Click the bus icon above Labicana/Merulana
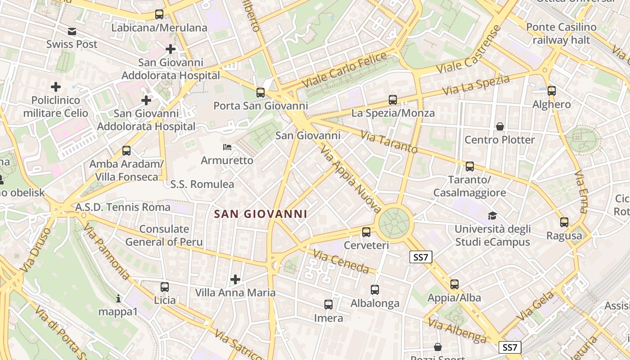click(159, 14)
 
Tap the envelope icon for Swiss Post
click(72, 31)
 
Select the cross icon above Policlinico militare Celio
click(56, 86)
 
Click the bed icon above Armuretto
click(227, 147)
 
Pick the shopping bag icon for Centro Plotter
click(499, 126)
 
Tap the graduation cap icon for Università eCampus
click(492, 216)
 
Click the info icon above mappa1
click(118, 298)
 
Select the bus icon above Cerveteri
click(366, 232)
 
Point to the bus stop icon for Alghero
click(552, 91)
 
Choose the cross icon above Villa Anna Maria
click(235, 280)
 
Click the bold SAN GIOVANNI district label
click(261, 214)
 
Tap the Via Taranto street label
click(389, 142)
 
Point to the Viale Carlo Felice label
click(344, 70)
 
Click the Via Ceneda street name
click(341, 262)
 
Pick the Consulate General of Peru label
click(164, 235)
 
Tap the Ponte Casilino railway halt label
click(561, 33)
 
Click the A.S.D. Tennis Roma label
click(123, 207)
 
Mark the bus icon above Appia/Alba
click(454, 284)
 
